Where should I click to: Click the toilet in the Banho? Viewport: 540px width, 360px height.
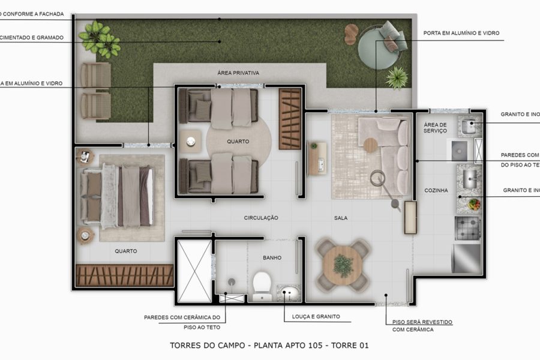pyautogui.click(x=262, y=284)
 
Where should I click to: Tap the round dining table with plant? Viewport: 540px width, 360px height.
pyautogui.click(x=343, y=263)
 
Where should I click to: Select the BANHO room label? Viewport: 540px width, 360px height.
pyautogui.click(x=272, y=257)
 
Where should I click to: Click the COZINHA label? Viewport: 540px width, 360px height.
pyautogui.click(x=436, y=190)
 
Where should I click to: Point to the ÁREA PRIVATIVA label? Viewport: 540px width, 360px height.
pyautogui.click(x=238, y=73)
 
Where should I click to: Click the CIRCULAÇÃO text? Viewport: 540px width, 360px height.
pyautogui.click(x=261, y=218)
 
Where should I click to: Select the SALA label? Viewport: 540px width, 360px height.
pyautogui.click(x=341, y=218)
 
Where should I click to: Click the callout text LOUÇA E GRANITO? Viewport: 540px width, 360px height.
pyautogui.click(x=312, y=316)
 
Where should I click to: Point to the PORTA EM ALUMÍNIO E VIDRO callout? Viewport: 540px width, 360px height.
pyautogui.click(x=461, y=33)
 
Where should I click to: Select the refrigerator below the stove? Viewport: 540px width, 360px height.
pyautogui.click(x=467, y=257)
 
